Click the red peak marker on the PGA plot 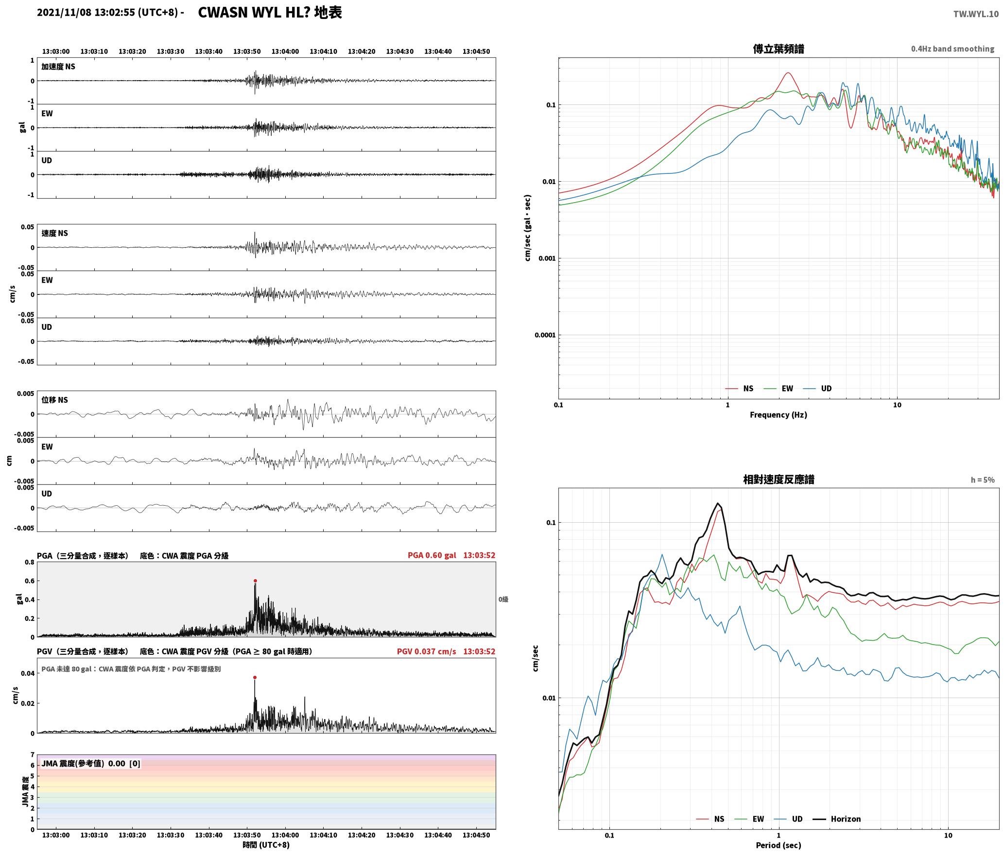tap(255, 581)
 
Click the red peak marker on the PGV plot tap(255, 677)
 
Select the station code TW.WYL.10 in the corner tap(976, 14)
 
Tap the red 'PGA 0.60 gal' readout tap(432, 555)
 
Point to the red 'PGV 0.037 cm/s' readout tap(426, 651)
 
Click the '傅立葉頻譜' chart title tap(778, 49)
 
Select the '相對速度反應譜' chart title tap(779, 479)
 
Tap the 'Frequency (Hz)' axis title tap(778, 414)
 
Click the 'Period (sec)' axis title tap(778, 845)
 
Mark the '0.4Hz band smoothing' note tap(952, 49)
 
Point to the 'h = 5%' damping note tap(983, 479)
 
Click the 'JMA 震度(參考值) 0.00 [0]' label tap(91, 763)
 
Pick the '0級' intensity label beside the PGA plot tap(503, 599)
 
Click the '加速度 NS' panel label tap(58, 67)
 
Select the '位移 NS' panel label tap(54, 400)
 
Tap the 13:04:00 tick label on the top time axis tap(285, 51)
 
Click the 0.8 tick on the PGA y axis tap(30, 562)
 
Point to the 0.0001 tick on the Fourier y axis tap(545, 335)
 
